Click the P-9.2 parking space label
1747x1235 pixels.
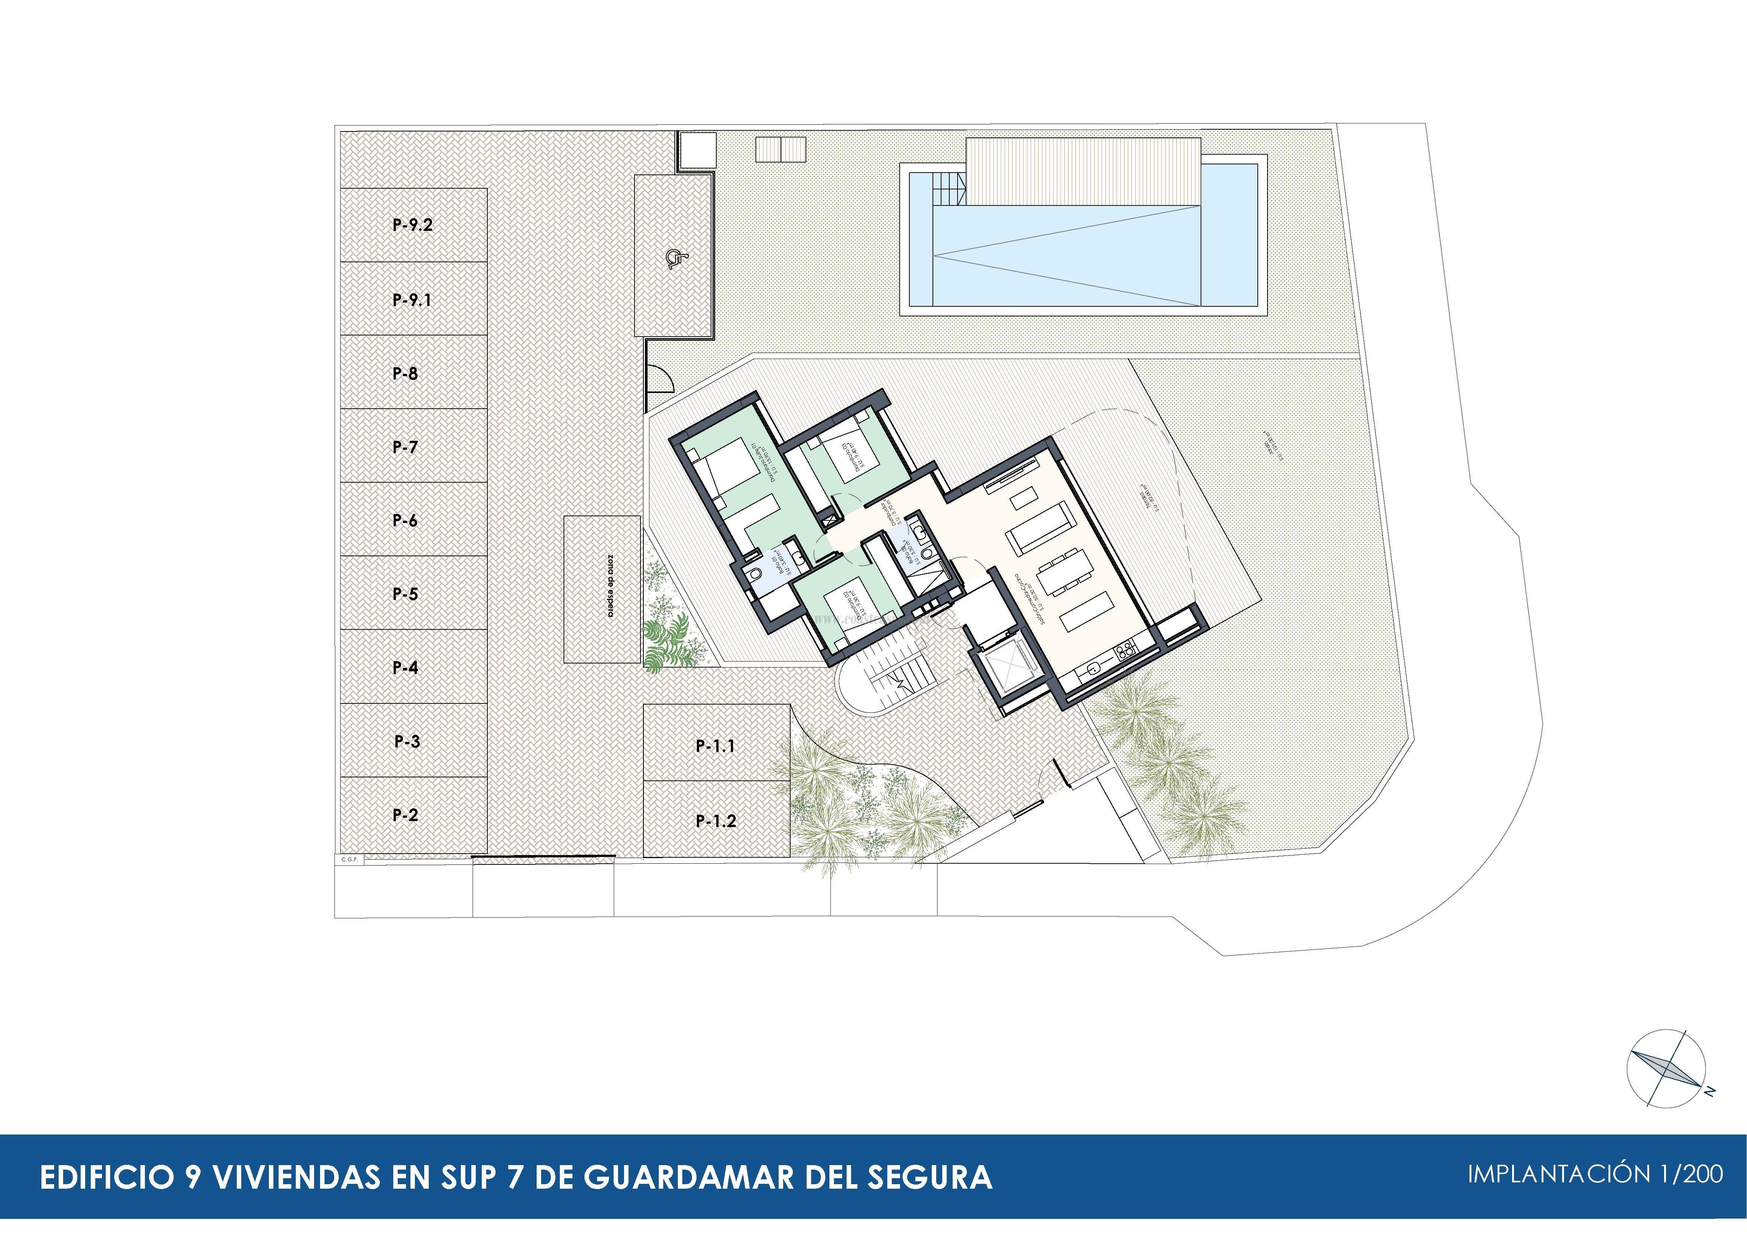point(412,225)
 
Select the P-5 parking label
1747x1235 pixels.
point(405,594)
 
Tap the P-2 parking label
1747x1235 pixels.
point(405,815)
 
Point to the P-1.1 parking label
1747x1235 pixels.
point(715,746)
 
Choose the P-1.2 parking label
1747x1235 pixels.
point(715,821)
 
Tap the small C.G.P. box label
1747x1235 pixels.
point(349,859)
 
